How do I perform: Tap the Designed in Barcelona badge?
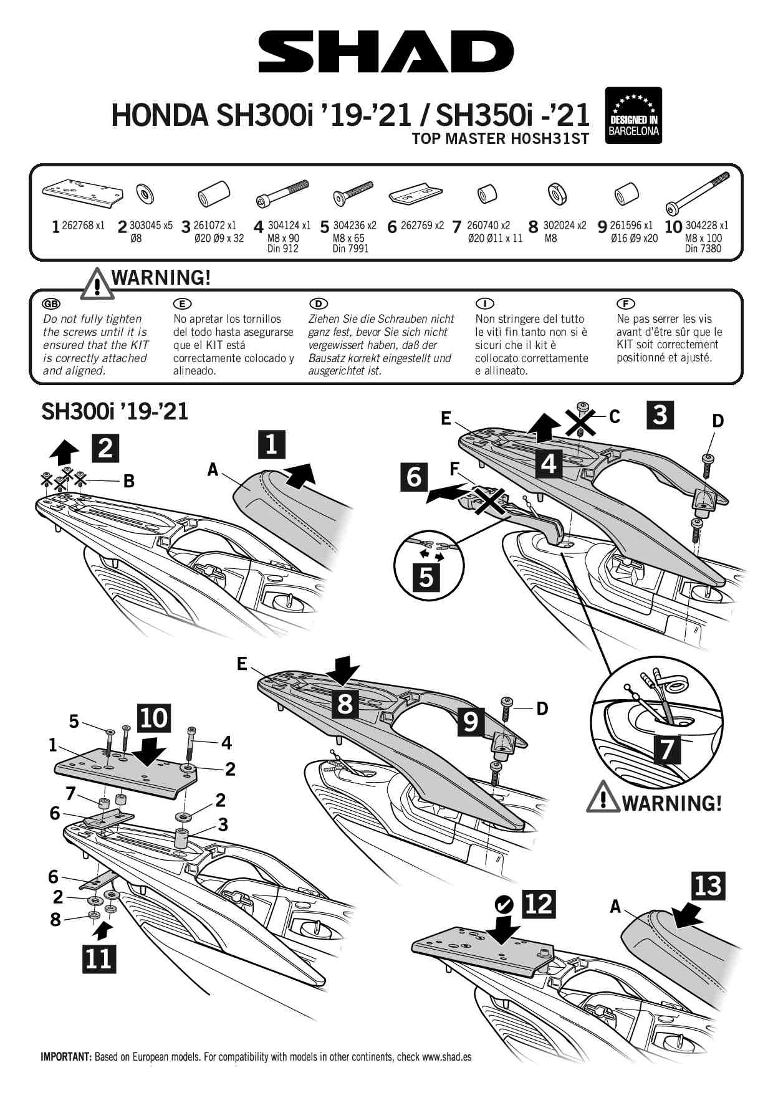(x=633, y=115)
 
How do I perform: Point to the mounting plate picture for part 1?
(x=81, y=193)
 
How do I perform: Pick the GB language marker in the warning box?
(x=50, y=303)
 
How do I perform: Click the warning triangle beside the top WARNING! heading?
(x=95, y=284)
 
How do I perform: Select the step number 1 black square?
(x=271, y=444)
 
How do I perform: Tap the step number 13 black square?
(x=708, y=885)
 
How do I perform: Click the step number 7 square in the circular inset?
(x=666, y=748)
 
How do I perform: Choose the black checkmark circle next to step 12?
(x=504, y=904)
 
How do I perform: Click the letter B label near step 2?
(x=129, y=480)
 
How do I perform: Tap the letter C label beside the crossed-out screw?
(x=615, y=417)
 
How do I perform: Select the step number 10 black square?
(x=153, y=718)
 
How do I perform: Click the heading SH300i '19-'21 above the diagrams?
(x=115, y=411)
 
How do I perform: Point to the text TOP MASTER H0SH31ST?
(x=500, y=139)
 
